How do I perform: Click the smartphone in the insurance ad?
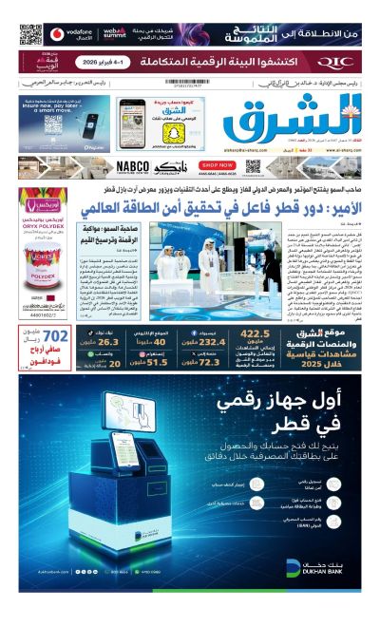86,123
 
